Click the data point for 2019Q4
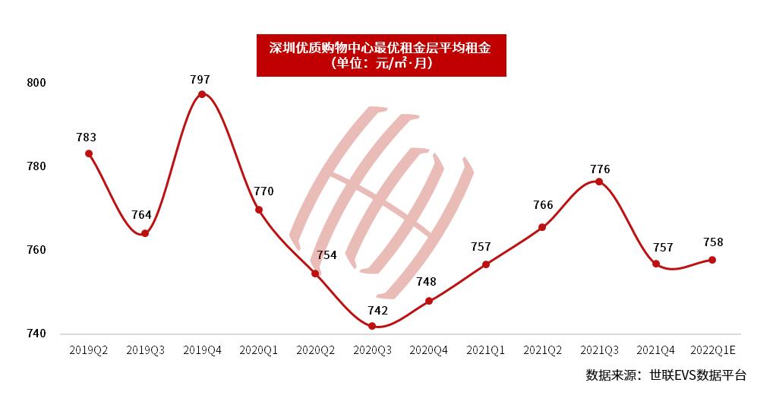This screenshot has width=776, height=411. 202,94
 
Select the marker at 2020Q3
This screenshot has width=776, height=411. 372,326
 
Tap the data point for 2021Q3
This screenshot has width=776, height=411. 599,182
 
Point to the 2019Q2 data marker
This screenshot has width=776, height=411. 89,153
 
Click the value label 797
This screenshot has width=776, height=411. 200,79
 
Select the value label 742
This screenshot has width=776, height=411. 377,310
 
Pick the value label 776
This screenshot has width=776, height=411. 600,169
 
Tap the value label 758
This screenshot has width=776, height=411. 713,242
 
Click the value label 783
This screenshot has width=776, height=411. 87,138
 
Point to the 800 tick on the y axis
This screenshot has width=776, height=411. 37,83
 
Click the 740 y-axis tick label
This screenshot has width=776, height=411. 37,334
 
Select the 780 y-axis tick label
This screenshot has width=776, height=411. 37,166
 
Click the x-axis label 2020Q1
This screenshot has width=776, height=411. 258,350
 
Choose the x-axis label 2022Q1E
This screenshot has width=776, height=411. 713,350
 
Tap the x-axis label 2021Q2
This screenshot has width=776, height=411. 542,350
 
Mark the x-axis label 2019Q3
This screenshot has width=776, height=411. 145,350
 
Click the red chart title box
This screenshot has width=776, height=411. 380,55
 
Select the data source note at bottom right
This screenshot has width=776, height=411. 666,375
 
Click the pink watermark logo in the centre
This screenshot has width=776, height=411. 382,201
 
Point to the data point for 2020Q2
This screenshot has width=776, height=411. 315,273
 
